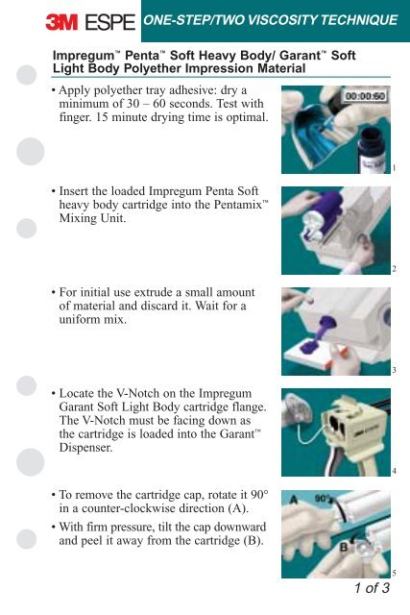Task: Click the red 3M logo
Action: (61, 22)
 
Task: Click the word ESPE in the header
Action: (110, 22)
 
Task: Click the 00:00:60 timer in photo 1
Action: (365, 96)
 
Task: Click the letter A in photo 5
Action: (295, 500)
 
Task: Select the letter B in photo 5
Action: (344, 547)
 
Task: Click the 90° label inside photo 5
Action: (323, 498)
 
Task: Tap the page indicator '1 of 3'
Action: (372, 587)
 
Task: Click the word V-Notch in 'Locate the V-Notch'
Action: (138, 393)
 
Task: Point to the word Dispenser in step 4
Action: (85, 448)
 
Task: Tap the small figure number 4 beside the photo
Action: (394, 472)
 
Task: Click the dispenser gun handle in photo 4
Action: (364, 463)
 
